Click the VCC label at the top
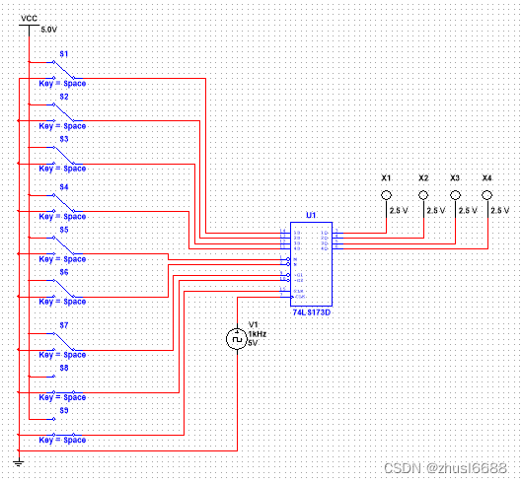click(x=30, y=18)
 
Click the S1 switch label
click(x=65, y=52)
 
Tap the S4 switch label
click(x=63, y=186)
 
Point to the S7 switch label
click(x=63, y=323)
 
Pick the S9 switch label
click(x=63, y=409)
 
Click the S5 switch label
click(x=63, y=229)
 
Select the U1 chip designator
click(x=311, y=215)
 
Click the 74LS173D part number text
click(x=311, y=311)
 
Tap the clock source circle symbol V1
click(x=237, y=339)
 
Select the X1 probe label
click(x=387, y=177)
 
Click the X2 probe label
click(x=422, y=177)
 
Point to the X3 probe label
click(x=455, y=177)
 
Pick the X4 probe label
click(x=487, y=177)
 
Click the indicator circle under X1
click(x=387, y=195)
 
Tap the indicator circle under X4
click(x=487, y=195)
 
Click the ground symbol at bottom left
click(x=19, y=460)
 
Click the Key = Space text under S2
click(x=62, y=126)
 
